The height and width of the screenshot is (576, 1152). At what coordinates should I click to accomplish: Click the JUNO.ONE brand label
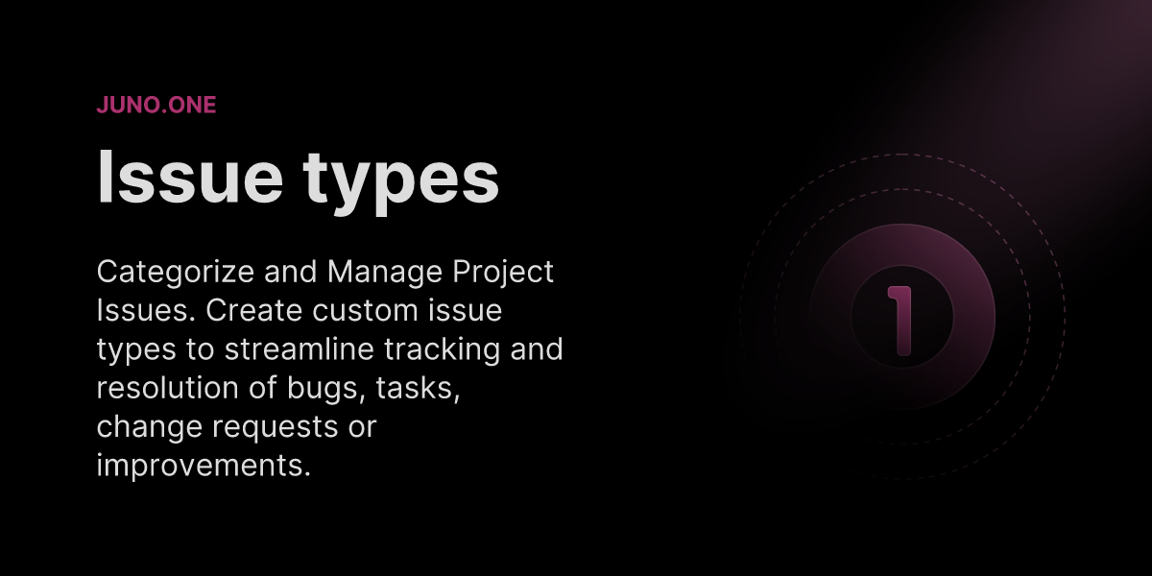pyautogui.click(x=156, y=105)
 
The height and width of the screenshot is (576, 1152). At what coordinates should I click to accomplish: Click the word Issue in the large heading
pyautogui.click(x=190, y=178)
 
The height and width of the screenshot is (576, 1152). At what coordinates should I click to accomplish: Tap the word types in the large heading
pyautogui.click(x=400, y=182)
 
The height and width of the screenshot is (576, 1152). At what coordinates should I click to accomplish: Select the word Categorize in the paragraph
pyautogui.click(x=176, y=272)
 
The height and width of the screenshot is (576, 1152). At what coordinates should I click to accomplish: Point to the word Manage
pyautogui.click(x=385, y=272)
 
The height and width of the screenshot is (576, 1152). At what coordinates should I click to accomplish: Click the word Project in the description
pyautogui.click(x=503, y=272)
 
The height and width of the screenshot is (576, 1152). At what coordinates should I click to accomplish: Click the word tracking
pyautogui.click(x=443, y=350)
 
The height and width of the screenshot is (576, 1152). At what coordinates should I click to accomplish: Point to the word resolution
pyautogui.click(x=168, y=388)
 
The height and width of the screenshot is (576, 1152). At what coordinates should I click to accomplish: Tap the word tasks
pyautogui.click(x=418, y=389)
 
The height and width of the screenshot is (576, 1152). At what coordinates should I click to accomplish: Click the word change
pyautogui.click(x=149, y=427)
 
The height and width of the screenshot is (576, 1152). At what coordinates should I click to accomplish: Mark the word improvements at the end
pyautogui.click(x=204, y=466)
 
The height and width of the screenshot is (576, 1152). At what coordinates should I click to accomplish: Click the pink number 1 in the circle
pyautogui.click(x=900, y=321)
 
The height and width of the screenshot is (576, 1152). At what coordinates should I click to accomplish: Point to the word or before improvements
pyautogui.click(x=363, y=428)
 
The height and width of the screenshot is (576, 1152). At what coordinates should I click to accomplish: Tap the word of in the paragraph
pyautogui.click(x=263, y=387)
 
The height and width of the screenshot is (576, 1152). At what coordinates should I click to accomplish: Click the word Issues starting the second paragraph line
pyautogui.click(x=146, y=310)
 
